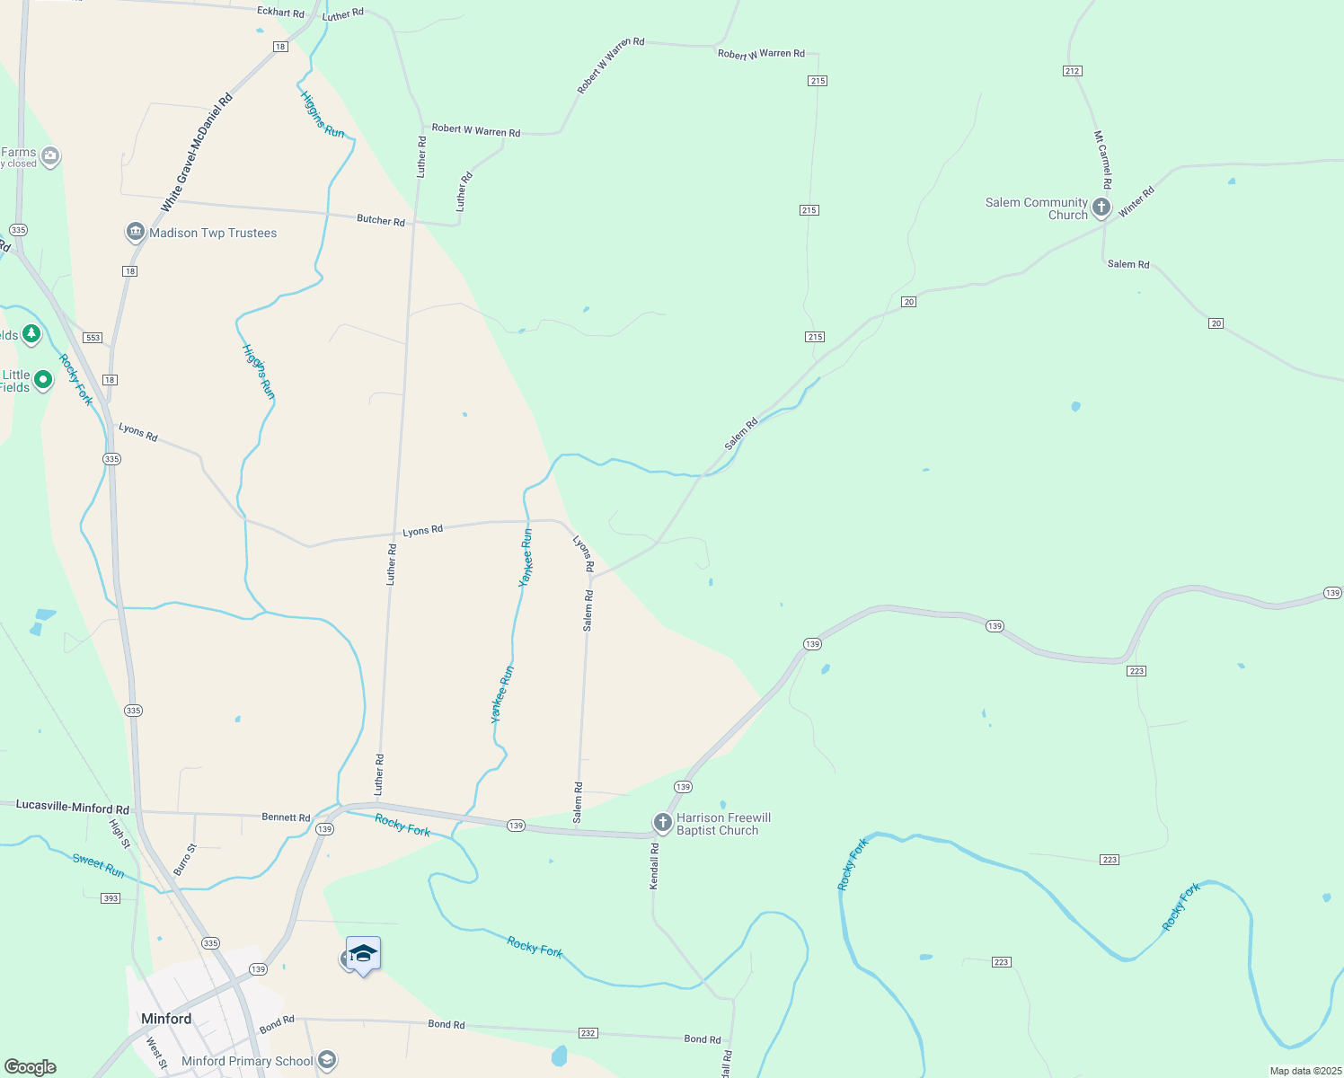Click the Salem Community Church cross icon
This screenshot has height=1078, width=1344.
pyautogui.click(x=1101, y=208)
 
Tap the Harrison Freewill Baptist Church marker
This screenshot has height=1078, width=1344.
pyautogui.click(x=663, y=823)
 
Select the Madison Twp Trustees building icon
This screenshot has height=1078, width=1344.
pyautogui.click(x=136, y=233)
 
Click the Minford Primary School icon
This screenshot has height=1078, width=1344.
pyautogui.click(x=327, y=1061)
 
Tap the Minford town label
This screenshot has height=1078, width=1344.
pyautogui.click(x=166, y=1019)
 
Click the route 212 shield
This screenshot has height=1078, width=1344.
pyautogui.click(x=1072, y=71)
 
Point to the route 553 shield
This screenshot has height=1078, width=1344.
pyautogui.click(x=93, y=338)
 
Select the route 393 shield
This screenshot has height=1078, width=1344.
pyautogui.click(x=111, y=898)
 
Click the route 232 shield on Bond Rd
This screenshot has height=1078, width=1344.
pyautogui.click(x=588, y=1033)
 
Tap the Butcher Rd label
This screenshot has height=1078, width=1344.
pyautogui.click(x=381, y=220)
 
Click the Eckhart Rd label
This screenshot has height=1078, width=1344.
pyautogui.click(x=280, y=13)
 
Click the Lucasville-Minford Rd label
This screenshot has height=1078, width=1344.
pyautogui.click(x=73, y=808)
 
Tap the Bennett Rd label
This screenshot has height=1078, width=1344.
pyautogui.click(x=286, y=817)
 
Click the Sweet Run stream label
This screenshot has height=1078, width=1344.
pyautogui.click(x=99, y=865)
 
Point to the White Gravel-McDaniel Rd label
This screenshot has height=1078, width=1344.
pyautogui.click(x=196, y=153)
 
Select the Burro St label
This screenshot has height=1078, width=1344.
pyautogui.click(x=183, y=860)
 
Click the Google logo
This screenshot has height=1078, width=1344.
pyautogui.click(x=30, y=1067)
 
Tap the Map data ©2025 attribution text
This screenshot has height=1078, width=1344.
pyautogui.click(x=1305, y=1071)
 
